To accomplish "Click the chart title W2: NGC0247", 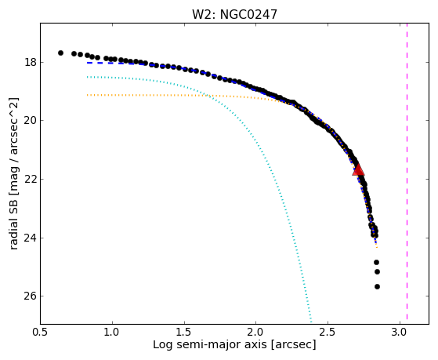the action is click(x=234, y=14).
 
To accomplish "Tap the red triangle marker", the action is click(x=358, y=169).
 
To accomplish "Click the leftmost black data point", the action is click(x=60, y=53).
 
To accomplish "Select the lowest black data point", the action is click(x=377, y=286).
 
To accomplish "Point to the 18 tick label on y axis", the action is click(x=31, y=62).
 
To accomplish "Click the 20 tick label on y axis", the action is click(x=31, y=121).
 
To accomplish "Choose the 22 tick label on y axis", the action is click(x=31, y=179).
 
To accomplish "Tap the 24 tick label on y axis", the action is click(x=31, y=238).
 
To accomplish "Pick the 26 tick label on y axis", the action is click(x=31, y=296).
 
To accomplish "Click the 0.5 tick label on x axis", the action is click(x=41, y=333).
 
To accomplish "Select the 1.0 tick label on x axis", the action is click(x=112, y=333).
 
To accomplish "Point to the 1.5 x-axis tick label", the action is click(x=184, y=333).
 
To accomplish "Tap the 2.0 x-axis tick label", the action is click(x=256, y=333).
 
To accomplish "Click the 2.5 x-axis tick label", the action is click(x=328, y=333).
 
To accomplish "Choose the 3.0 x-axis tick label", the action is click(x=400, y=333).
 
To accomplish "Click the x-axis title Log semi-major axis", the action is click(x=210, y=345).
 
